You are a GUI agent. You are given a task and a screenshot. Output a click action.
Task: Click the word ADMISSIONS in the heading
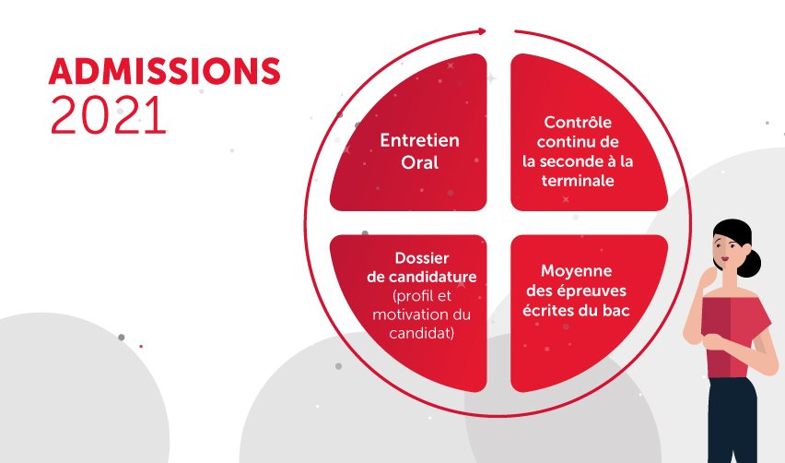point(164,71)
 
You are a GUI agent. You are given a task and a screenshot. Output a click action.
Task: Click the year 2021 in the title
point(109,115)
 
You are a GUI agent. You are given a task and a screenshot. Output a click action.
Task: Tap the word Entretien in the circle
point(419,140)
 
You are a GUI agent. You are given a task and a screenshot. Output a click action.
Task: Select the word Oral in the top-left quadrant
point(419,163)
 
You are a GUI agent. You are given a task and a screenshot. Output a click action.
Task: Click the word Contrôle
point(578,123)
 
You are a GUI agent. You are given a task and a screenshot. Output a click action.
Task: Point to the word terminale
point(578,182)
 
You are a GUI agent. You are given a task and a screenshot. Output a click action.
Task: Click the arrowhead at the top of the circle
point(481,31)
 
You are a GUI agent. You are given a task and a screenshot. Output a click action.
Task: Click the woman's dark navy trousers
point(732,420)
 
